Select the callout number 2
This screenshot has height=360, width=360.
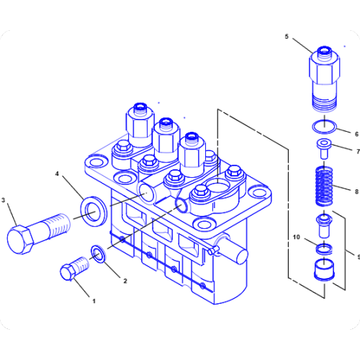[125, 281]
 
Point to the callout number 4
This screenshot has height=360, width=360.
[58, 174]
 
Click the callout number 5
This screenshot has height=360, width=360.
[287, 36]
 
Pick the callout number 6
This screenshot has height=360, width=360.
[355, 133]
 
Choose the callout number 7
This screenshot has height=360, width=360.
[355, 151]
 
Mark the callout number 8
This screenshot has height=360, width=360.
[355, 191]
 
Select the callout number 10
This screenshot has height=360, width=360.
[296, 237]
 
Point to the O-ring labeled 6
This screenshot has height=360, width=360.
[323, 128]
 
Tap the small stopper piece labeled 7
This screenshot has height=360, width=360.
[323, 150]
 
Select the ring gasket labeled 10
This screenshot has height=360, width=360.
[323, 248]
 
